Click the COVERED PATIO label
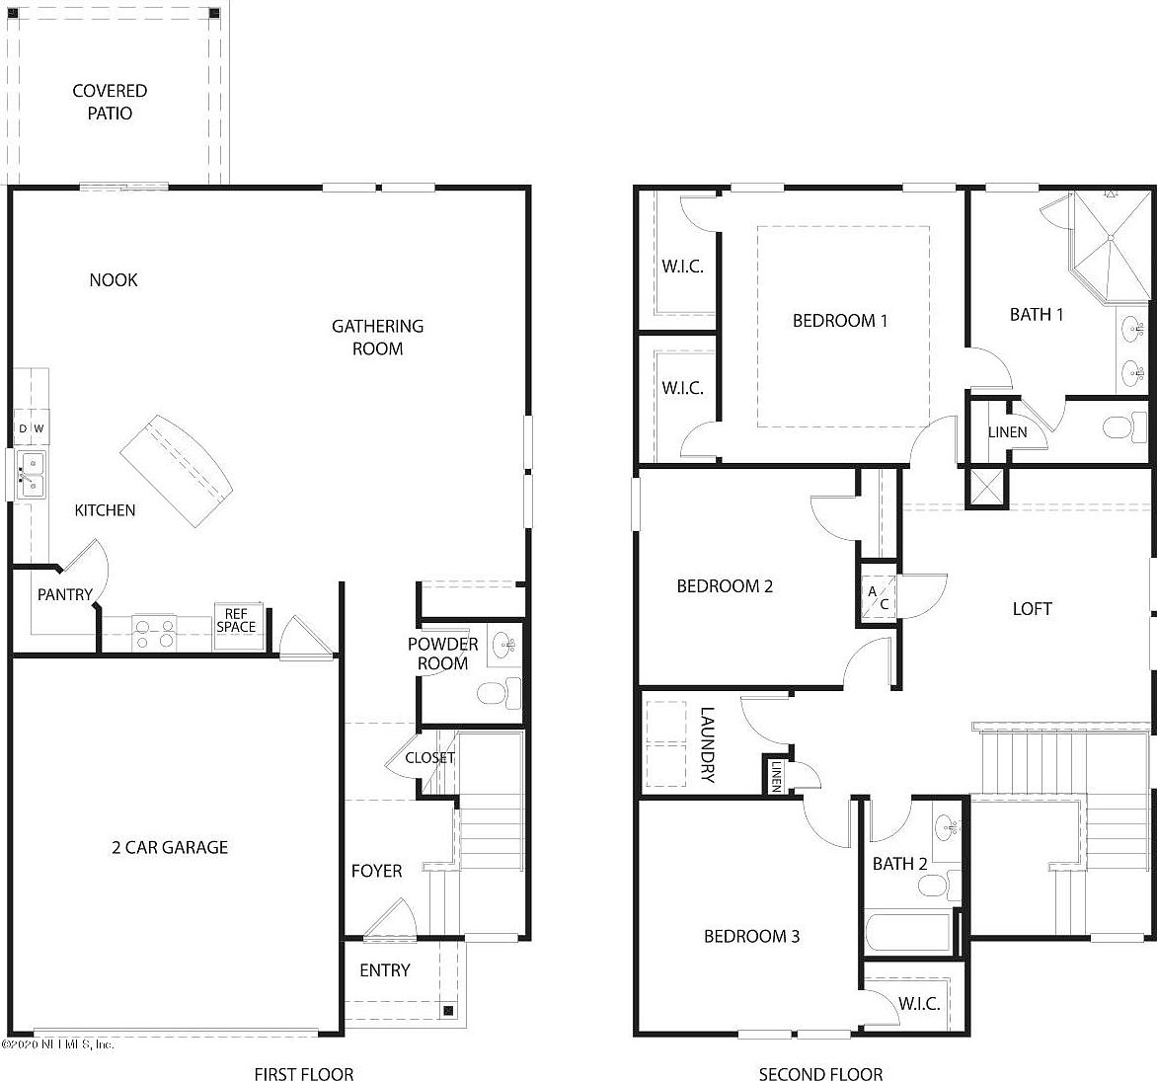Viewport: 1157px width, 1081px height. point(110,102)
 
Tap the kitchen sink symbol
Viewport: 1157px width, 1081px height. point(31,474)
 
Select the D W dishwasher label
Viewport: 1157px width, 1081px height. point(31,428)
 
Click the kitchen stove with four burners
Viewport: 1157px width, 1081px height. point(154,633)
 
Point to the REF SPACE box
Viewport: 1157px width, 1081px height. point(237,621)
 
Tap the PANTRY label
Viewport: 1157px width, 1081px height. point(64,594)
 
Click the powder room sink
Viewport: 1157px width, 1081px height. point(503,647)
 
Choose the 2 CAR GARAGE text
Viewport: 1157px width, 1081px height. point(169,847)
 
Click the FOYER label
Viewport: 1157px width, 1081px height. point(376,871)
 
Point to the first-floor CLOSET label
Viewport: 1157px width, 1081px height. point(429,757)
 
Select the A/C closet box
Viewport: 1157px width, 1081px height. point(878,598)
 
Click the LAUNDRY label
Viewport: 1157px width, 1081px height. point(707,744)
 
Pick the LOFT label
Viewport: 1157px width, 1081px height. point(1032,609)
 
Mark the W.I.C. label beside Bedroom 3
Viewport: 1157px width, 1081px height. point(918,1004)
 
